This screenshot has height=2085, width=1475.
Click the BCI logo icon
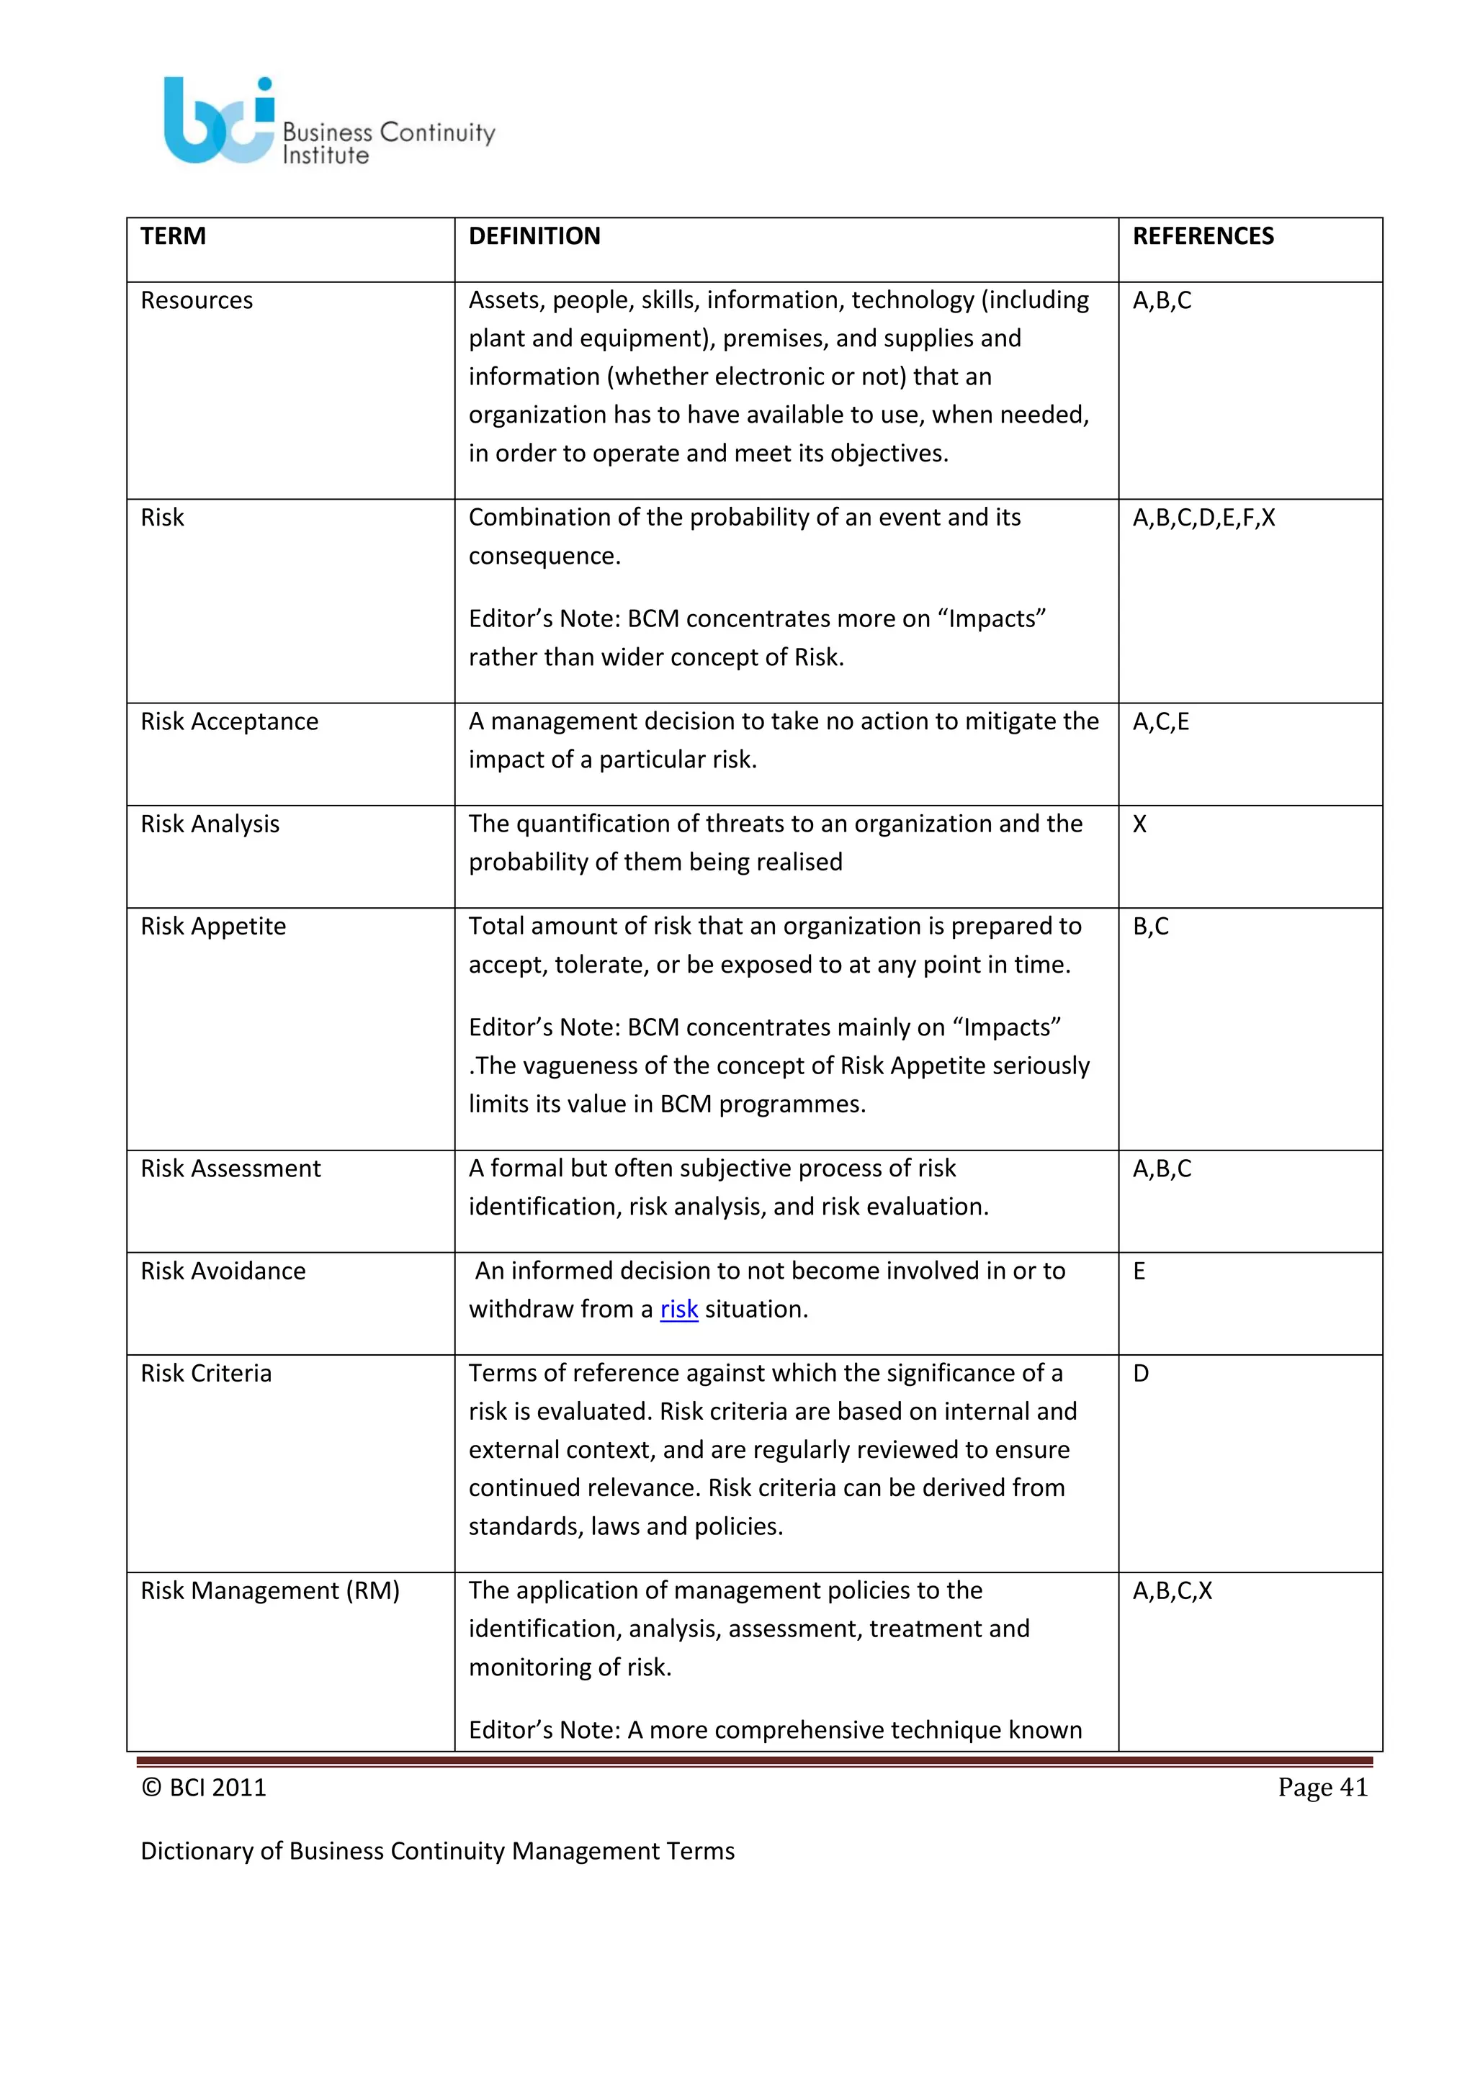click(x=219, y=121)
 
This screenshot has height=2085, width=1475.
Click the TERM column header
click(x=174, y=236)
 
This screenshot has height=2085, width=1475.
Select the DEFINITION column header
click(x=534, y=236)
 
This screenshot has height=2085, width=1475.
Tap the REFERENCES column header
click(x=1203, y=236)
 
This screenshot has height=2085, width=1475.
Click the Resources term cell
click(x=197, y=300)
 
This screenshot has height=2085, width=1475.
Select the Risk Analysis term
click(x=210, y=824)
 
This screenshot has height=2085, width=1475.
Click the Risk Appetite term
click(x=213, y=927)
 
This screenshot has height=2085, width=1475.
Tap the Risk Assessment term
click(x=230, y=1168)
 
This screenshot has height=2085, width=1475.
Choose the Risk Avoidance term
click(x=223, y=1271)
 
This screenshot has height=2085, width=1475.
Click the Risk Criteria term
click(x=206, y=1373)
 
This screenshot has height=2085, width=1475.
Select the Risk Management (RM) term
click(x=270, y=1591)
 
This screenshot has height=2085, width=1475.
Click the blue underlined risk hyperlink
click(x=678, y=1310)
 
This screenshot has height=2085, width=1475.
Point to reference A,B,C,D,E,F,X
click(x=1203, y=518)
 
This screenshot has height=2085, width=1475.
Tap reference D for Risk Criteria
click(x=1141, y=1373)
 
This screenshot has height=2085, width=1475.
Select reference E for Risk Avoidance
click(x=1139, y=1271)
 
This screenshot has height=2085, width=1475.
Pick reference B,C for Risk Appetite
click(x=1151, y=927)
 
